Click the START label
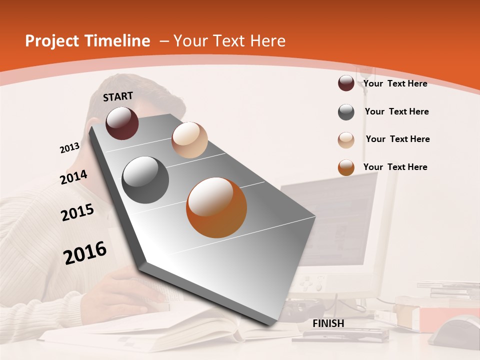118,96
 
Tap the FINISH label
328,323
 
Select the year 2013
69,148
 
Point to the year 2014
73,177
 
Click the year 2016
85,253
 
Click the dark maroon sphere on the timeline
122,123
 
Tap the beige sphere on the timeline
189,140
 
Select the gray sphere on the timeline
145,180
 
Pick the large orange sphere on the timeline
216,207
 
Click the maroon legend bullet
346,83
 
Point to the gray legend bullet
346,112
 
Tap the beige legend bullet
346,140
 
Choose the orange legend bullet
346,167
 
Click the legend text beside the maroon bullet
395,83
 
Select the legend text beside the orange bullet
395,167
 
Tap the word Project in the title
52,41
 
